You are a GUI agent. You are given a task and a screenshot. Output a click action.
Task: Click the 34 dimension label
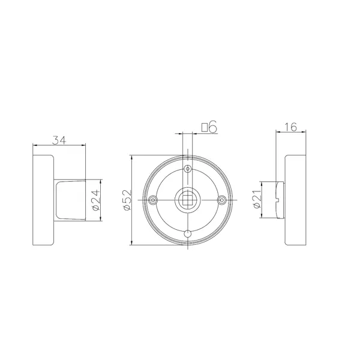[x=59, y=140]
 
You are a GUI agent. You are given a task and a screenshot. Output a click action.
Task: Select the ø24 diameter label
[x=96, y=200]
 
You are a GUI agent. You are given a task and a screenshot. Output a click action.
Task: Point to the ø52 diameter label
[x=127, y=200]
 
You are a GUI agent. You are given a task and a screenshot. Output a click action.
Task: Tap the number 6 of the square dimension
[x=213, y=127]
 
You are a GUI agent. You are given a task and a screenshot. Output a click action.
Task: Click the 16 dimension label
[x=290, y=127]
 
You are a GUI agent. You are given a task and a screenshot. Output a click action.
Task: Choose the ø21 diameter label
[x=257, y=199]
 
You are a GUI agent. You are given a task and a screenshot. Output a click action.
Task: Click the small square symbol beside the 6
[x=205, y=127]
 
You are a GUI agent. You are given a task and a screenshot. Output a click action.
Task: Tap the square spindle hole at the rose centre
[x=188, y=200]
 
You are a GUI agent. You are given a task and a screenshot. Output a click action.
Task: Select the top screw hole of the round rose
[x=188, y=169]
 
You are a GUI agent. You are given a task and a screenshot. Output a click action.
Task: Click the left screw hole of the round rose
[x=153, y=200]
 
